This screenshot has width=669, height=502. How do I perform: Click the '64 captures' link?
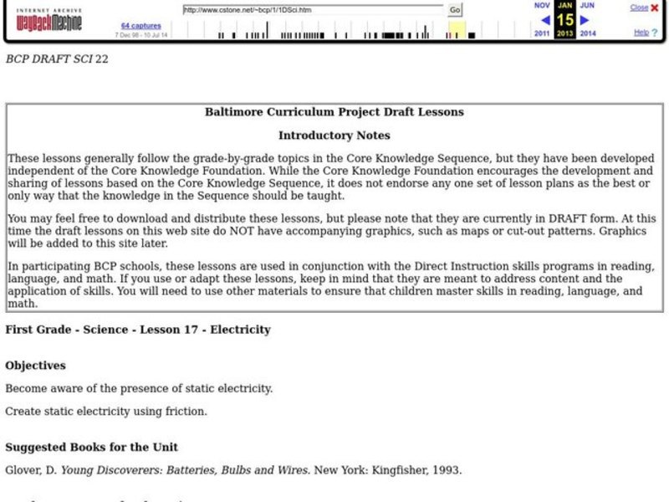140,26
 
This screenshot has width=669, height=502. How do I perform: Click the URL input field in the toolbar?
313,9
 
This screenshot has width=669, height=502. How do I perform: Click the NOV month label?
542,5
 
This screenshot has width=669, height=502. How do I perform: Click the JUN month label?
587,5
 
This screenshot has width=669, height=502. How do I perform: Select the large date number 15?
565,19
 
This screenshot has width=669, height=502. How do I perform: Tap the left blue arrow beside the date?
545,19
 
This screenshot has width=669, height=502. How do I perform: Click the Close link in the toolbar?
639,8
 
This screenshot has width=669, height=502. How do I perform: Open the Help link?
641,33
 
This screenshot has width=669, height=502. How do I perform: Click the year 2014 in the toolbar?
588,34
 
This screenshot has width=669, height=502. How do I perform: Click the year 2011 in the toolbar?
543,34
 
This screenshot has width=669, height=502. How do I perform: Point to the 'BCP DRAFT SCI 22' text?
57,59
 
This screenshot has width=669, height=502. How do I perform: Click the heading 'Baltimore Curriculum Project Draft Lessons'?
334,111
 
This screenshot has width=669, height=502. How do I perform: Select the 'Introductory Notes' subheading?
334,135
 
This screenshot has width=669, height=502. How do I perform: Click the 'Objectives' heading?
35,366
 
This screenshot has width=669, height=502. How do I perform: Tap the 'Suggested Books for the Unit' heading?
91,447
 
